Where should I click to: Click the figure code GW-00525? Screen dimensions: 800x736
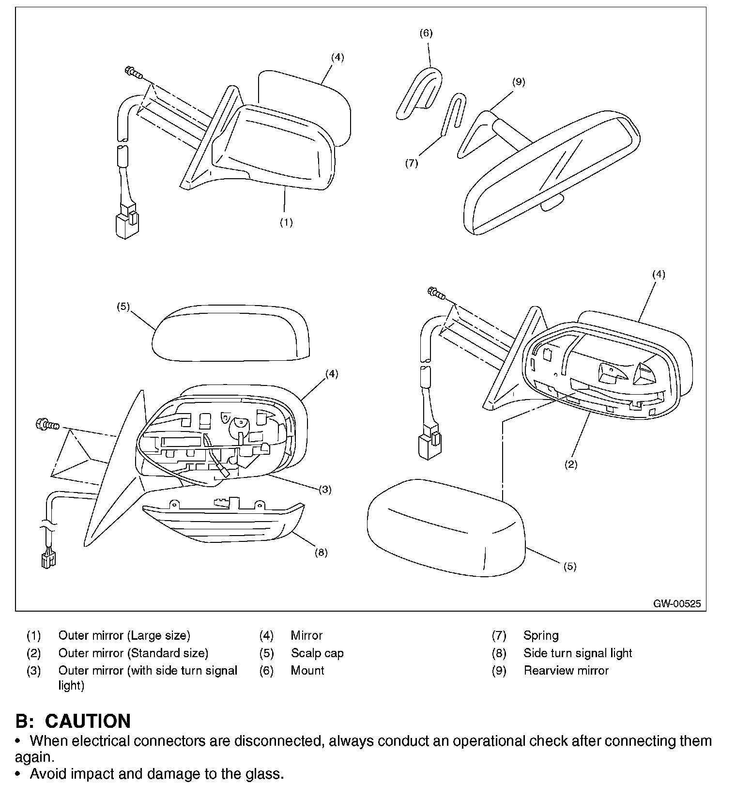click(677, 604)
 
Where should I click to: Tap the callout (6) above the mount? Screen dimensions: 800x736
click(426, 33)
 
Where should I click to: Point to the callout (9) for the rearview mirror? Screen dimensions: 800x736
click(519, 81)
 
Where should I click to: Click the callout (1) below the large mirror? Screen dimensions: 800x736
click(286, 222)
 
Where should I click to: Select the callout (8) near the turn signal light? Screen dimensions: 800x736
click(321, 552)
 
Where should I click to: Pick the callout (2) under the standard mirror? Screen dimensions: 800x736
click(571, 464)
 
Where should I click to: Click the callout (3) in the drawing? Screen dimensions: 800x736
click(325, 489)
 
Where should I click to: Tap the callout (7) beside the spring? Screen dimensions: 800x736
click(411, 163)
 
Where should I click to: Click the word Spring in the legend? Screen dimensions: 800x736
click(541, 635)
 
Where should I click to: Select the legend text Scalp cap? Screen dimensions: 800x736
click(317, 653)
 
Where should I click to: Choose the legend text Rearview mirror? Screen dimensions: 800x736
click(566, 670)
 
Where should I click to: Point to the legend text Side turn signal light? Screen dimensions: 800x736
click(578, 653)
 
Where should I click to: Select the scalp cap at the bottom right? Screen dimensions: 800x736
click(445, 528)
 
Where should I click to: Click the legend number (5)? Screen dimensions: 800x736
click(266, 653)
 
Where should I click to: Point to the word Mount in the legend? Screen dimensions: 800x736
click(307, 670)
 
